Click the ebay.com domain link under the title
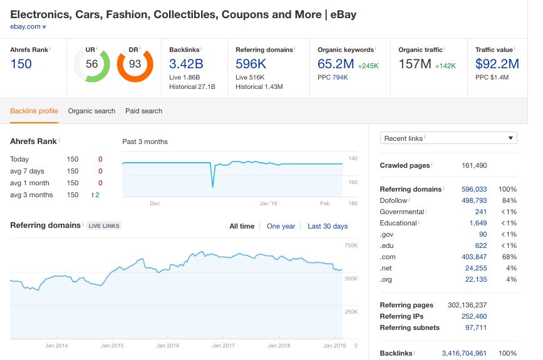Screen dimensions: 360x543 tap(25, 26)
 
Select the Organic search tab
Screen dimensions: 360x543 tap(91, 111)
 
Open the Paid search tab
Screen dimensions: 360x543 tap(143, 111)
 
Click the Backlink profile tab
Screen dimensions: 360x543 tap(34, 111)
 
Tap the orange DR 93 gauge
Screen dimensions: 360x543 tap(135, 64)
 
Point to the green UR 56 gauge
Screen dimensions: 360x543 tap(92, 64)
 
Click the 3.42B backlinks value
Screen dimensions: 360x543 tap(187, 63)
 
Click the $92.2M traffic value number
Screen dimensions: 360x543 tap(497, 63)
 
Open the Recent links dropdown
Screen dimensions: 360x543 tap(448, 138)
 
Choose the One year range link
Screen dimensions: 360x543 tap(281, 226)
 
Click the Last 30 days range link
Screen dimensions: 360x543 tap(328, 226)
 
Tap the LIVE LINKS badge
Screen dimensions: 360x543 tap(103, 226)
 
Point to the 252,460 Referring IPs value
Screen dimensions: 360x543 tap(473, 316)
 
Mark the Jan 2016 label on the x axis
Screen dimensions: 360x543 tap(168, 345)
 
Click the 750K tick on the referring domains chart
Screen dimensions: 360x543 tap(351, 245)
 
